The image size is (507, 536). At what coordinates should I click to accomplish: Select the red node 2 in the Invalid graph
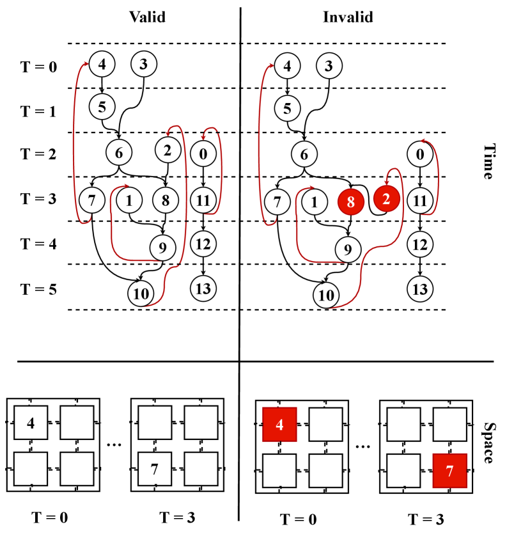(x=386, y=200)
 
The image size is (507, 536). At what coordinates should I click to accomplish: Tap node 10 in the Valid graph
(x=140, y=294)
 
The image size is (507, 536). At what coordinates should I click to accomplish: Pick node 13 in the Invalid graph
(x=419, y=288)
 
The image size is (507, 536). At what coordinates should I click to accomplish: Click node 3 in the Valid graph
(x=144, y=65)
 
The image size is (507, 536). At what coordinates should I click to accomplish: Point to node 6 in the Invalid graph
(x=304, y=154)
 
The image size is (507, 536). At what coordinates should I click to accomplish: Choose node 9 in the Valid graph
(x=162, y=246)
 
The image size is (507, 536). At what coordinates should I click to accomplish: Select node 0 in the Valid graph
(x=203, y=154)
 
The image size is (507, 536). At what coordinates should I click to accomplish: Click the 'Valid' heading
(x=147, y=17)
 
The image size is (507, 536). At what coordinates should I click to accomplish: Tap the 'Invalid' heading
(x=348, y=17)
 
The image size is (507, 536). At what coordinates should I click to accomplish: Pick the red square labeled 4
(x=279, y=424)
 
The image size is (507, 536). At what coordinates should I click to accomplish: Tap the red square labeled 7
(x=449, y=471)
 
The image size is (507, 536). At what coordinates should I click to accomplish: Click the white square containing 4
(x=31, y=422)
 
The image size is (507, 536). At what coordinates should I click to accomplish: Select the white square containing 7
(x=155, y=469)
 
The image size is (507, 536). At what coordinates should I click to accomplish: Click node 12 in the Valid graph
(x=203, y=243)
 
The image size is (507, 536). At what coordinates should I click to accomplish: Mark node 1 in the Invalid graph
(x=315, y=201)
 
